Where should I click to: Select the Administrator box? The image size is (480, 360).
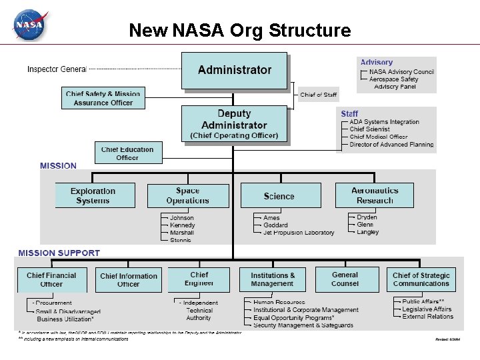coord(235,70)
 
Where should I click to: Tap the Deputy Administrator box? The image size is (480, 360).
coord(234,124)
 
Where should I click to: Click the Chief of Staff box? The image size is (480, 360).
coord(319,95)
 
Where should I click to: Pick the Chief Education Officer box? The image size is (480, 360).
coord(127,153)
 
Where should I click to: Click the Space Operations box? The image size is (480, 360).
coord(188,195)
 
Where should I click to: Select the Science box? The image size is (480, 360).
coord(279,196)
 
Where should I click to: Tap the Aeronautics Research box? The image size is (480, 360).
coord(375,195)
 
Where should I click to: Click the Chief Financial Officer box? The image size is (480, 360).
coord(51,280)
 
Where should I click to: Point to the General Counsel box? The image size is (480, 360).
coord(345,279)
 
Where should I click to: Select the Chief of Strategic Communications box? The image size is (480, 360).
coord(421,279)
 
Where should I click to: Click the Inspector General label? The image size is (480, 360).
coord(57,69)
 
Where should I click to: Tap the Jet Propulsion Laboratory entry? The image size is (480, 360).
coord(299,233)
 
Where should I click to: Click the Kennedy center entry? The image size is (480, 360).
coord(183,225)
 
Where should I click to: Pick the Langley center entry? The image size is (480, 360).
coord(368,232)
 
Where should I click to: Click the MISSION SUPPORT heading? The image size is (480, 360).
coord(59,253)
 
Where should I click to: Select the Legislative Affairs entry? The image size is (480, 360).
coord(427,309)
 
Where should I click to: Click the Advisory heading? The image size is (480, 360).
coord(377,63)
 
